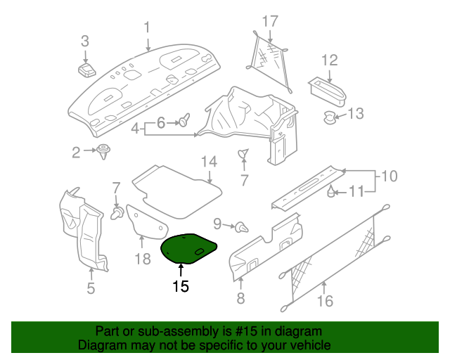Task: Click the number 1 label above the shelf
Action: [148, 27]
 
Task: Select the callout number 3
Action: [85, 41]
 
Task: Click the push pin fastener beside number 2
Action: [105, 150]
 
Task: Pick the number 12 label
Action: [330, 60]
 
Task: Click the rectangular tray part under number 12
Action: [328, 89]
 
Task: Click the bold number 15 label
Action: [181, 287]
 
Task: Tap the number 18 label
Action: [143, 259]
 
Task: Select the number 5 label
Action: [91, 288]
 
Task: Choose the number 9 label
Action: [217, 224]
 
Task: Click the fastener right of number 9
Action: [243, 227]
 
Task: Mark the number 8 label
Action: [240, 299]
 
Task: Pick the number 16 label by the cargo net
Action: [325, 302]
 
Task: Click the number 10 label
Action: [390, 176]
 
